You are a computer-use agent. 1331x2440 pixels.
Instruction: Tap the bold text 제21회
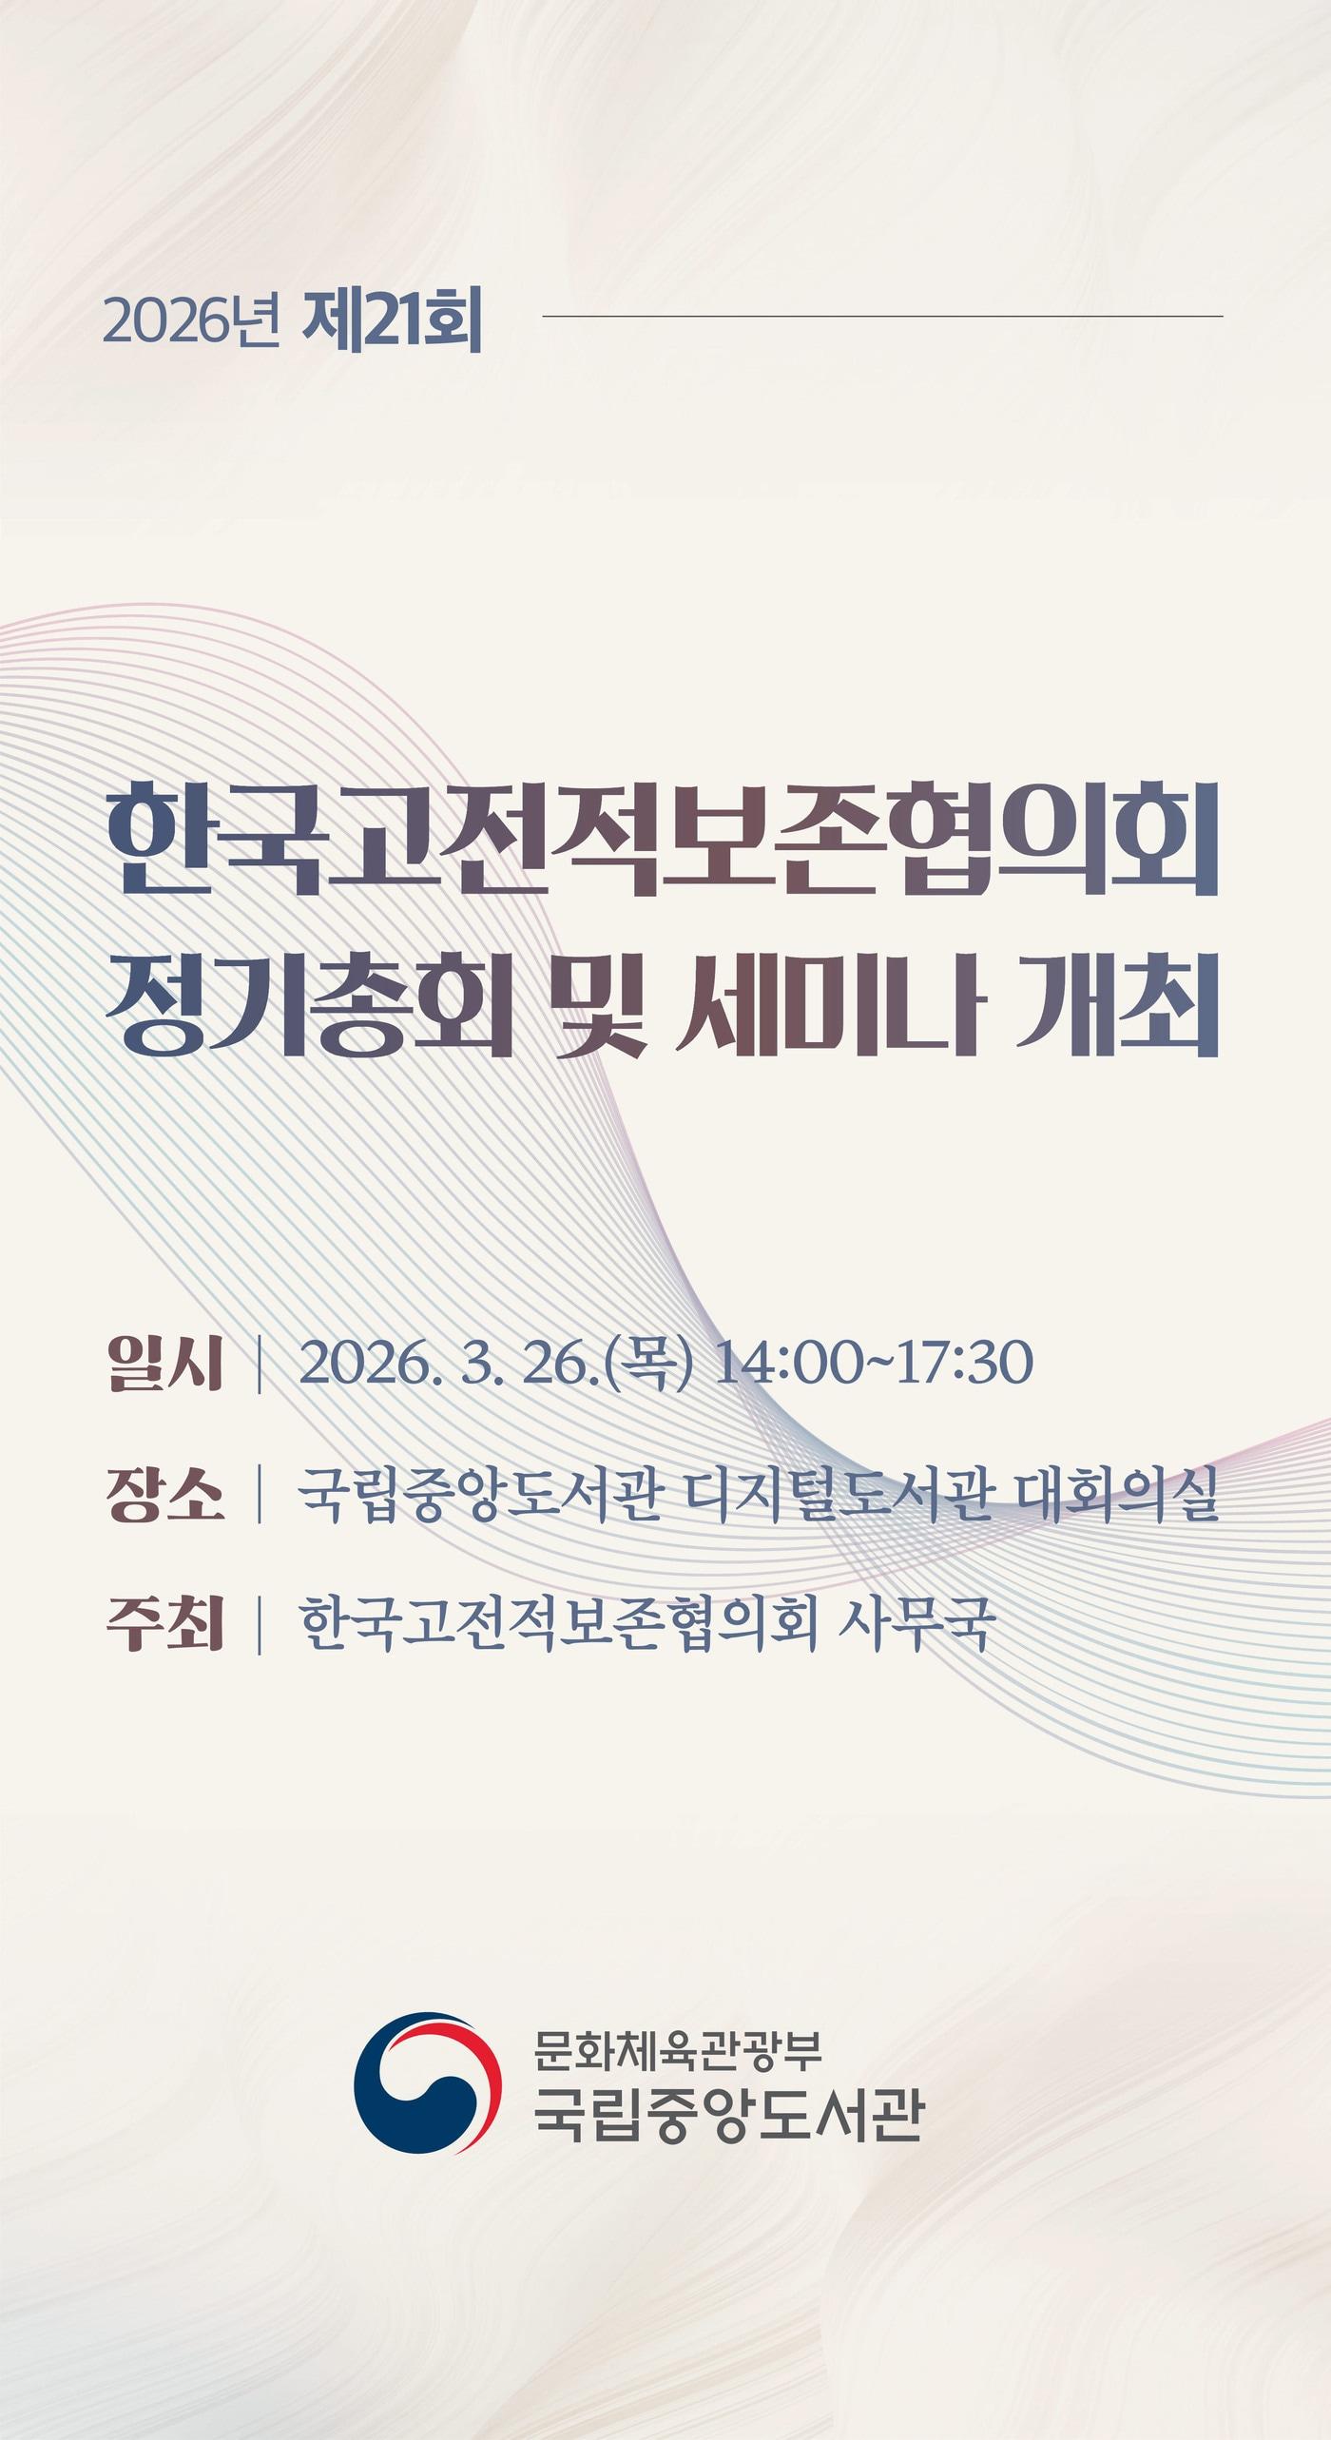[392, 323]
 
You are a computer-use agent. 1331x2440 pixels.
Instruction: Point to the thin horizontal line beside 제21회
[881, 316]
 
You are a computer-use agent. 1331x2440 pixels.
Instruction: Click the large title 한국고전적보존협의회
[664, 841]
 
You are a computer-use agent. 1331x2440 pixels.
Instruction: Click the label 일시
[165, 1364]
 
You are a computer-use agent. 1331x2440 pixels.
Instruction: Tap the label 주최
[165, 1625]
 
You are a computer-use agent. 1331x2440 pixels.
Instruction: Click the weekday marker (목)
[650, 1364]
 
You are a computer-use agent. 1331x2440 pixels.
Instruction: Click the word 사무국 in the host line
[916, 1625]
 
